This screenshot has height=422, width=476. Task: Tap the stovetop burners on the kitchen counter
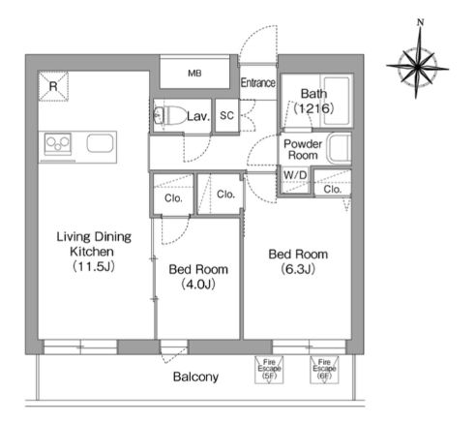click(58, 143)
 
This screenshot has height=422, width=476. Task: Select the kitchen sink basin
click(101, 143)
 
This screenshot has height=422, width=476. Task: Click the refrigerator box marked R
click(53, 86)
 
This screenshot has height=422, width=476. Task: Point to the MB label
click(194, 74)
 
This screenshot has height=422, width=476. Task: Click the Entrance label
click(258, 83)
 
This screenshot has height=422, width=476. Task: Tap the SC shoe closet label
click(226, 115)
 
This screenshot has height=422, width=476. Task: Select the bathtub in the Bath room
click(337, 101)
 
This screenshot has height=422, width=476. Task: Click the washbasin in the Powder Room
click(340, 148)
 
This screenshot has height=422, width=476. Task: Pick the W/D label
click(295, 175)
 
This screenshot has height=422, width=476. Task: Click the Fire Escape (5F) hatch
click(269, 370)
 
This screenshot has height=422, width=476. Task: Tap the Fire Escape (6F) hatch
click(324, 370)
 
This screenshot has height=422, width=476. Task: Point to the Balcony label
click(195, 377)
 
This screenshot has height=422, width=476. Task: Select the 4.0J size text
click(198, 285)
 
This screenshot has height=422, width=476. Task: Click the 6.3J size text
click(298, 269)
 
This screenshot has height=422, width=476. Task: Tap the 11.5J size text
click(94, 267)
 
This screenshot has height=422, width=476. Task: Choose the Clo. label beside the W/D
click(333, 189)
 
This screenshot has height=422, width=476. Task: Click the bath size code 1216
click(313, 108)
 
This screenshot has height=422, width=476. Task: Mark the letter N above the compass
click(420, 22)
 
